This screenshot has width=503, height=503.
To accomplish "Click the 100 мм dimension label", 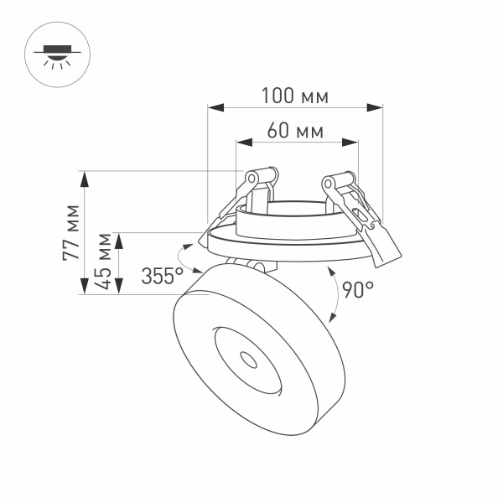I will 293,96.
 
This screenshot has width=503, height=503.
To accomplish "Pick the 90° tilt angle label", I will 357,291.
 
